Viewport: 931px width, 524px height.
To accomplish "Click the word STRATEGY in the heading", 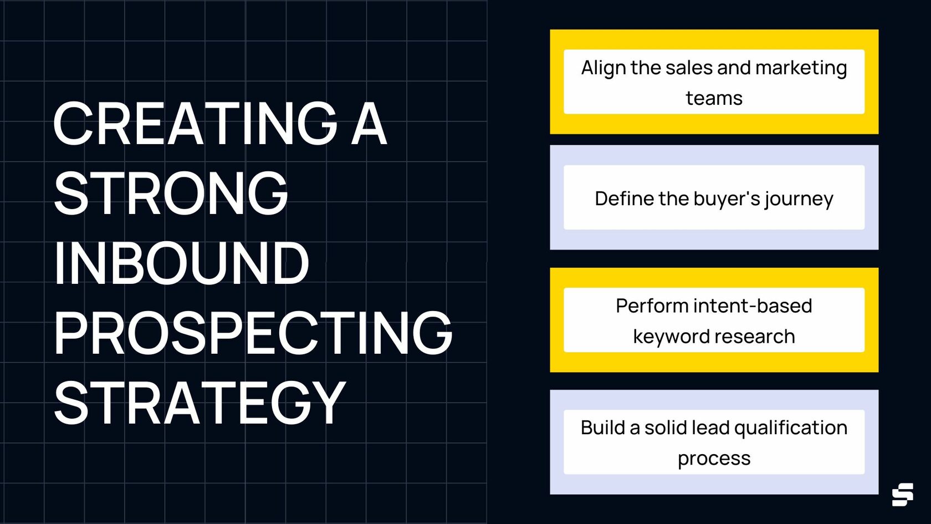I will tap(199, 403).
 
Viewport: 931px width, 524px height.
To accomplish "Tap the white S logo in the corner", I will tap(902, 494).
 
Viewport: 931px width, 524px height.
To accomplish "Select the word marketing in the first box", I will tap(801, 68).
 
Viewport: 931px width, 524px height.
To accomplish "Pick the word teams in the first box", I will tap(714, 98).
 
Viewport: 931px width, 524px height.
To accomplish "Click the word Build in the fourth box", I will tap(602, 428).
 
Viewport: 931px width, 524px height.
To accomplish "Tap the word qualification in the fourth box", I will tap(791, 428).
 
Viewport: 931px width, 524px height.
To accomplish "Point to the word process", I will tap(714, 459).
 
